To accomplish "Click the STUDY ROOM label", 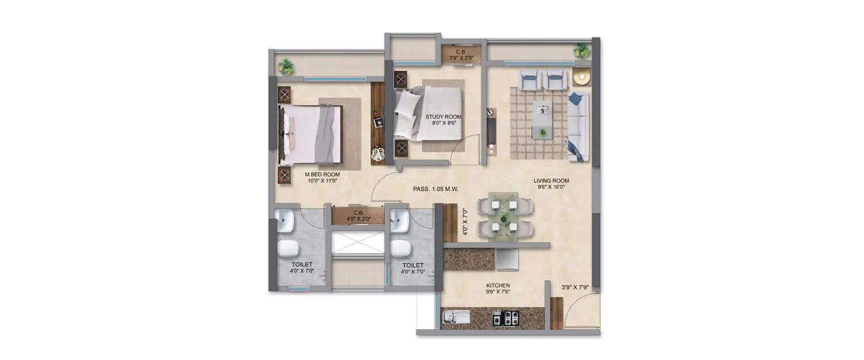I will click(x=444, y=117).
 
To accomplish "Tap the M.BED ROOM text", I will click(x=322, y=173).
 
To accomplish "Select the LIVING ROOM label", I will click(x=551, y=180).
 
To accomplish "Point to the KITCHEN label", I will click(x=498, y=285).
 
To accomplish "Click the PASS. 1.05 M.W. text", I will click(x=435, y=188).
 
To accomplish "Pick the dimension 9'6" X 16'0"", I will click(x=551, y=187).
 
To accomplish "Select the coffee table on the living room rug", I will click(x=541, y=120).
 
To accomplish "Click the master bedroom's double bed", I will click(x=311, y=134).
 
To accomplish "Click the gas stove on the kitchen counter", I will click(x=506, y=317).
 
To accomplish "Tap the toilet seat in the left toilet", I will click(x=288, y=248).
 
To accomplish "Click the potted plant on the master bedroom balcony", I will click(x=286, y=66).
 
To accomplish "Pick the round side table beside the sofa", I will click(x=582, y=77).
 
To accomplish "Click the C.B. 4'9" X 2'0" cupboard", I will click(x=358, y=215).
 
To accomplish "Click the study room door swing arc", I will click(x=465, y=147).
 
